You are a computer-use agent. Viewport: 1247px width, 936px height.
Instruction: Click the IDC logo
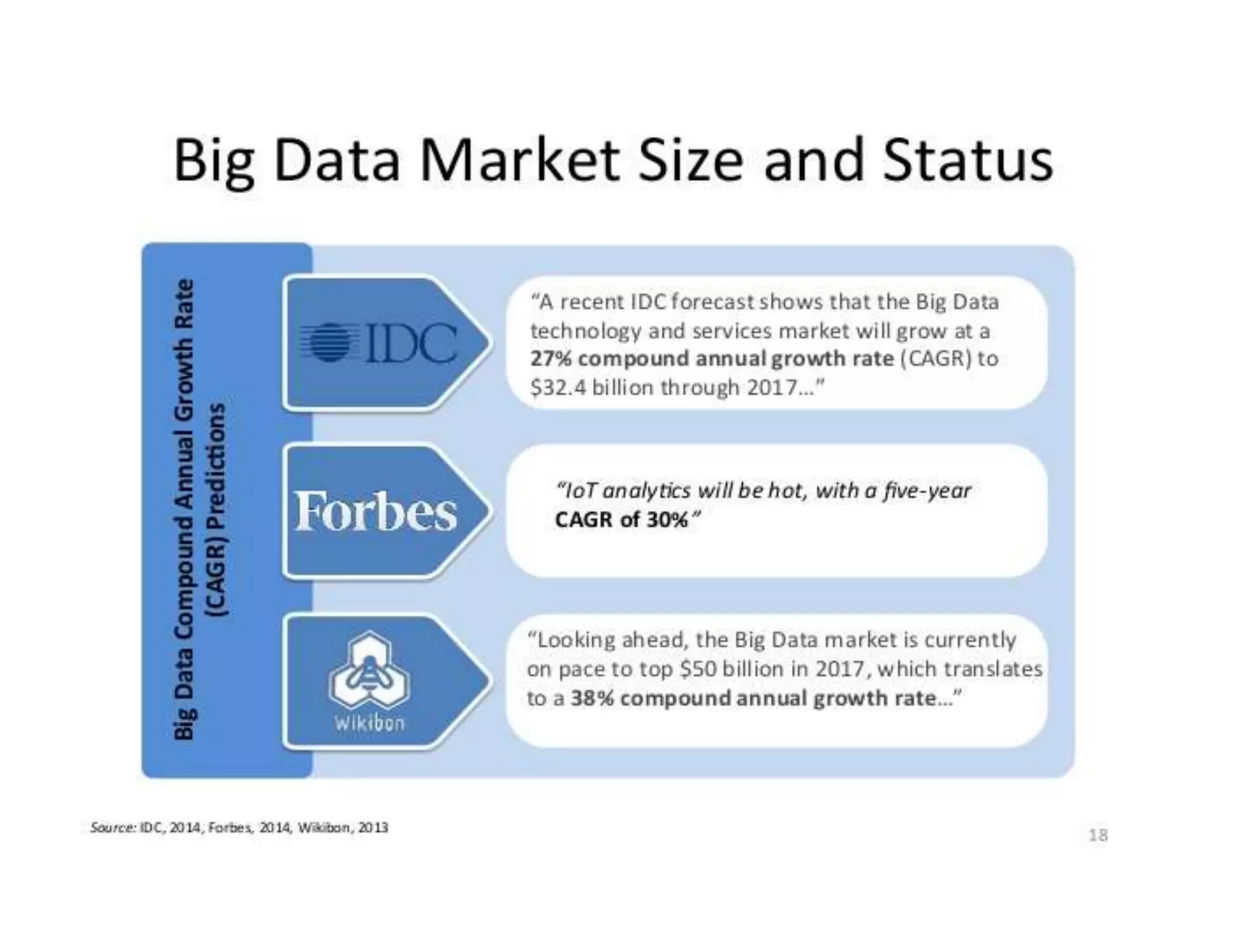tap(379, 343)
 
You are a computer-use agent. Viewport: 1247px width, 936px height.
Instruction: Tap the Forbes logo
tap(375, 512)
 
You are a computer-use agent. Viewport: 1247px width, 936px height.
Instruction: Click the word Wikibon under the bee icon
tap(369, 723)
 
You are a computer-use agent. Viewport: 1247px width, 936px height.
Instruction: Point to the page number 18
tap(1098, 835)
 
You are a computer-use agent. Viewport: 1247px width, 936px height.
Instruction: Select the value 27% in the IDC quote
tap(551, 359)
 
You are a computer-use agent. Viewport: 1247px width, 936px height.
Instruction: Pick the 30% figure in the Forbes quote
tap(666, 520)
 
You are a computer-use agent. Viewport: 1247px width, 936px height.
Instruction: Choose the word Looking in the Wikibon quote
tap(577, 640)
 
